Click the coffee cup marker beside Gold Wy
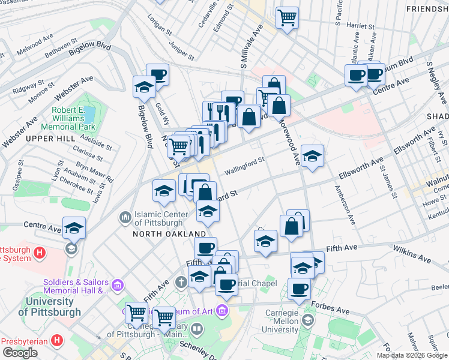[x=158, y=74]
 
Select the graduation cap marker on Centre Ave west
[x=74, y=228]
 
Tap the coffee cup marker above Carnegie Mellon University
[x=299, y=289]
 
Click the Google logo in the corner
[x=20, y=353]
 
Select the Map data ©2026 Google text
[x=412, y=355]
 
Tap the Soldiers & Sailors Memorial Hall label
[x=76, y=287]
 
